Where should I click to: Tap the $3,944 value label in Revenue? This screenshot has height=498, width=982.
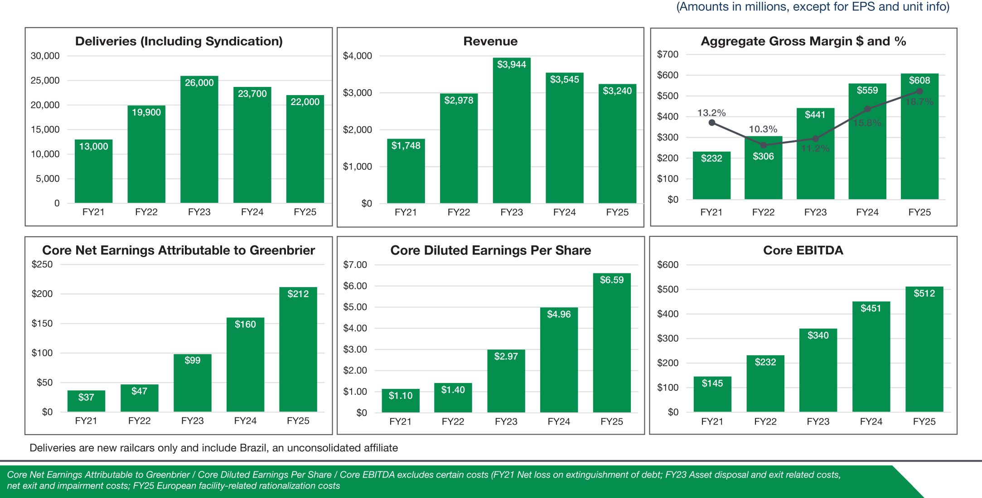tap(511, 64)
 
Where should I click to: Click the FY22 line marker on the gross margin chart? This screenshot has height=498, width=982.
tap(763, 145)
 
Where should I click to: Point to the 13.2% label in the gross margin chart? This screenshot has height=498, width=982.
tap(711, 113)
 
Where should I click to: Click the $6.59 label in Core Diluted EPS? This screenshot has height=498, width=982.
tap(611, 280)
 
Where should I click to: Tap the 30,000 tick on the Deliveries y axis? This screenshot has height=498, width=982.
tap(45, 56)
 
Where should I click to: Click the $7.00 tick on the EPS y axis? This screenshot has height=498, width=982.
tap(355, 264)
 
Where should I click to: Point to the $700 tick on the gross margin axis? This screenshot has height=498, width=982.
tap(668, 54)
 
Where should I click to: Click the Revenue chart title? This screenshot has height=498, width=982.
tap(490, 41)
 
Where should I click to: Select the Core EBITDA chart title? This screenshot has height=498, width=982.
tap(803, 250)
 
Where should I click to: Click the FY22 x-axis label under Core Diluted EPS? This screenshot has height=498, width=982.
tap(453, 421)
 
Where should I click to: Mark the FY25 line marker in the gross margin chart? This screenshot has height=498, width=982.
tap(919, 91)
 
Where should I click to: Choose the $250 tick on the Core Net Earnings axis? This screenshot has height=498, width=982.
tap(42, 264)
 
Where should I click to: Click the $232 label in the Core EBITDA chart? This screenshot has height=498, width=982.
tap(765, 362)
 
